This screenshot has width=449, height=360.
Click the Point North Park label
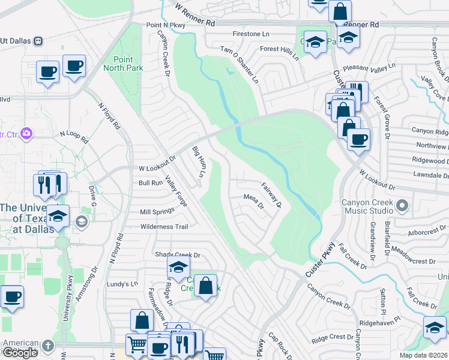[127, 64]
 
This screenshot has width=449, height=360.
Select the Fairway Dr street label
[271, 195]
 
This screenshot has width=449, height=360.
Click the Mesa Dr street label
[254, 201]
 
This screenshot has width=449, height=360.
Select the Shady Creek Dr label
[177, 255]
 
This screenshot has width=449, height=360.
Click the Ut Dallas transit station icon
[38, 41]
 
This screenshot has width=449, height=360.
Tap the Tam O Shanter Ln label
[239, 64]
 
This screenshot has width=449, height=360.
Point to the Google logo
[20, 353]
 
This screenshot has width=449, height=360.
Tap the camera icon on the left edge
[26, 133]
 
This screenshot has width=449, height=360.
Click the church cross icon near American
[48, 346]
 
